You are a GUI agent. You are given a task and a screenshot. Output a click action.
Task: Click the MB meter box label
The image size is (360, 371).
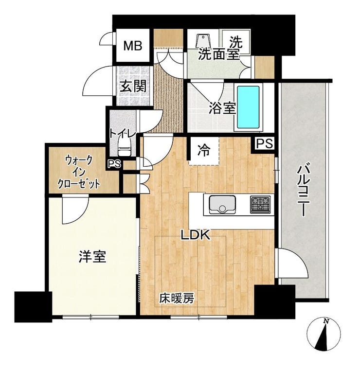tap(133, 46)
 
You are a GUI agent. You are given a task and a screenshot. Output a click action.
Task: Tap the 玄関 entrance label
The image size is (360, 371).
tap(132, 87)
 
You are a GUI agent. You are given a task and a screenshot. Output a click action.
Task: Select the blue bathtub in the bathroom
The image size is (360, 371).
tap(248, 107)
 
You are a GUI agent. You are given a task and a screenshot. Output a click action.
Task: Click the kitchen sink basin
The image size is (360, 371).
tap(222, 204)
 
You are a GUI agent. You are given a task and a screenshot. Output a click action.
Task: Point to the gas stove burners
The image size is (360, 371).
tap(260, 204)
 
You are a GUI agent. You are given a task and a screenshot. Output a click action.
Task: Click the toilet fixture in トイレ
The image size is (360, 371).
tap(124, 147)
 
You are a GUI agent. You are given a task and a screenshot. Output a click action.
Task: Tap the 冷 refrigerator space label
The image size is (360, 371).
tap(204, 150)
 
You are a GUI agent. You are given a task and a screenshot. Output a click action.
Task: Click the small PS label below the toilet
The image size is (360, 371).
tap(114, 164)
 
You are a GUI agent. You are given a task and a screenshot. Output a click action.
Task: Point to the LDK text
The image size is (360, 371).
tap(196, 235)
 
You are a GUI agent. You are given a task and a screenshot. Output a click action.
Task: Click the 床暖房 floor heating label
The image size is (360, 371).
tap(177, 299)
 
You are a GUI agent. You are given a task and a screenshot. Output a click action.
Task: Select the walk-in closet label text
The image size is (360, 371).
tap(79, 173)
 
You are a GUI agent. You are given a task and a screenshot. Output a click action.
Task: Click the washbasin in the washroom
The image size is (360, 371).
tap(203, 40)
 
